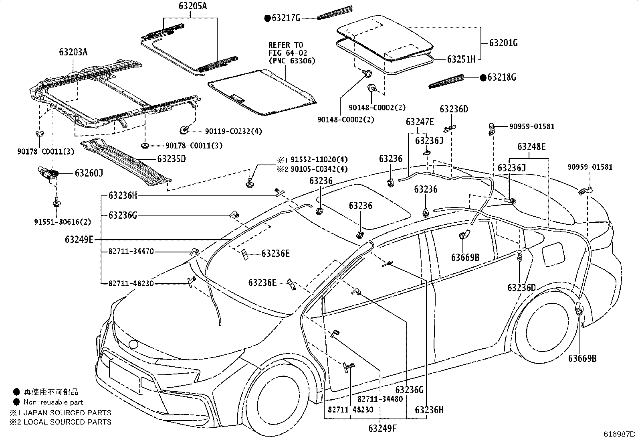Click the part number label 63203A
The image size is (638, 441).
[73, 52]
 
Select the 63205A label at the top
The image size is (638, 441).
[193, 6]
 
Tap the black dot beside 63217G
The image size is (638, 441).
[267, 18]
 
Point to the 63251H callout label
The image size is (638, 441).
[461, 59]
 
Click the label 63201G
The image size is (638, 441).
[503, 43]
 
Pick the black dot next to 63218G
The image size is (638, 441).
[483, 77]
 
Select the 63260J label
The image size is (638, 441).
[89, 173]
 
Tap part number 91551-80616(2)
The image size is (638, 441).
[63, 222]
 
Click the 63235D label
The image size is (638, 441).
[172, 159]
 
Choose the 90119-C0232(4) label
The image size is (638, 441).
[233, 131]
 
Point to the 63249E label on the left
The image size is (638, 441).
[79, 240]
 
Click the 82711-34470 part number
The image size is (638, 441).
[131, 251]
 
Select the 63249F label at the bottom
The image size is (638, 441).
[382, 428]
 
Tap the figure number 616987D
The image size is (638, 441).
[619, 434]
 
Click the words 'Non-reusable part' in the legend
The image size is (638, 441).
[53, 402]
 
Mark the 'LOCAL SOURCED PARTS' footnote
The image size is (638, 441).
[67, 422]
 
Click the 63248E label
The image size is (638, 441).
[531, 146]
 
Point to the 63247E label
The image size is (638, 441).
[420, 122]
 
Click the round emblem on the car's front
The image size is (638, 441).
[133, 345]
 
